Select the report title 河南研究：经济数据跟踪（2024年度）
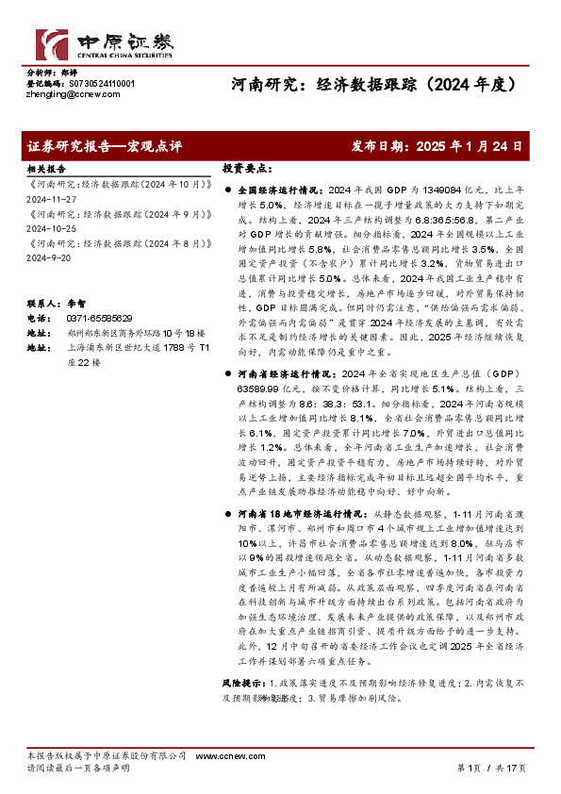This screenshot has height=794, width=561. (376, 84)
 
